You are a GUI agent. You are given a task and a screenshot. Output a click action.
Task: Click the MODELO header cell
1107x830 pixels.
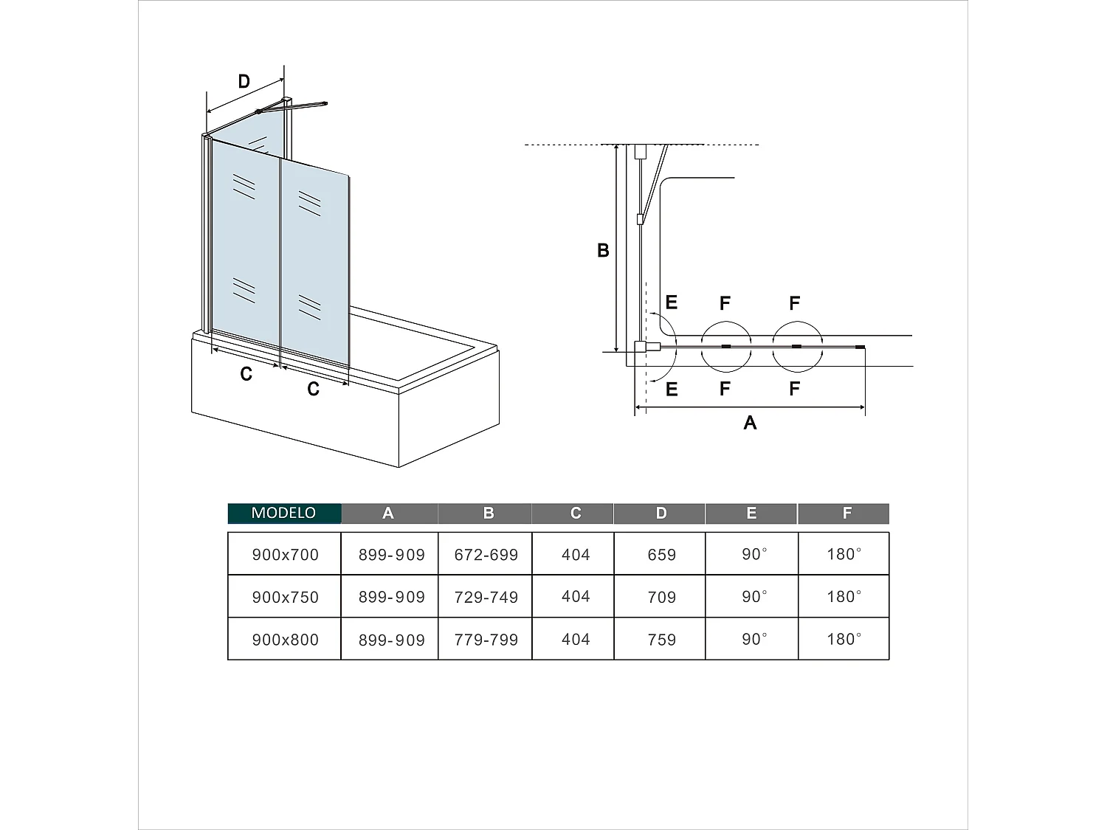[x=284, y=513]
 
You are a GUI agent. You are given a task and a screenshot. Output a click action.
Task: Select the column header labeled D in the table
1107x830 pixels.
[x=661, y=513]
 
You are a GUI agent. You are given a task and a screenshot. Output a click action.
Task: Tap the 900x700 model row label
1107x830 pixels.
[x=285, y=555]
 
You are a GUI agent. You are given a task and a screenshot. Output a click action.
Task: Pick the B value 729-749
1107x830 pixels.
[x=486, y=597]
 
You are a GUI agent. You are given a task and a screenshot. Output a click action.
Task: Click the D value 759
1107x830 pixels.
[x=661, y=640]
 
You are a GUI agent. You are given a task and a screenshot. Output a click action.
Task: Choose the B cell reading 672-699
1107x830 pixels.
[x=486, y=555]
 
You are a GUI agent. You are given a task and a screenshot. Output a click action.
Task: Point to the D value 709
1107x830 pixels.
[x=661, y=597]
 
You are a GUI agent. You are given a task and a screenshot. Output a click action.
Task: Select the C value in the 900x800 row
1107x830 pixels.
[x=575, y=640]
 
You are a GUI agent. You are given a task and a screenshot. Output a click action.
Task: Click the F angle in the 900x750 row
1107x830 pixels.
[x=844, y=597]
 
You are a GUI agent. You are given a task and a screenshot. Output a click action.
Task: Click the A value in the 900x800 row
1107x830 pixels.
[x=391, y=640]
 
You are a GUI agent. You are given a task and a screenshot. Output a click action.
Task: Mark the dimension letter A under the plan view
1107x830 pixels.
[x=750, y=423]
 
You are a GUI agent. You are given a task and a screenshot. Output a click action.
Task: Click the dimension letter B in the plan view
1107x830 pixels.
[x=603, y=251]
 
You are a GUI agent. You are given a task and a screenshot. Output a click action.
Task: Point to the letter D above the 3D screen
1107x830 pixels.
[x=244, y=82]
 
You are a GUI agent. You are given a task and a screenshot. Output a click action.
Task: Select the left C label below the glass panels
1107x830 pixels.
[x=246, y=375]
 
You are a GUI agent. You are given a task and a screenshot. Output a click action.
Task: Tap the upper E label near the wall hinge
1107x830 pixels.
[x=671, y=302]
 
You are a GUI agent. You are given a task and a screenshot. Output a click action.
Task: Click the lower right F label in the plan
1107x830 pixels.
[x=794, y=389]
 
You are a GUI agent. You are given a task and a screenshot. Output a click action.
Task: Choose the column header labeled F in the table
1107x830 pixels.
[x=846, y=513]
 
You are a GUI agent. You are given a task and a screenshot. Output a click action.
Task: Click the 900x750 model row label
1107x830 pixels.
[x=285, y=597]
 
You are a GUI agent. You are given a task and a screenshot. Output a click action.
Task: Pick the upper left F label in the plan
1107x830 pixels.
[x=725, y=303]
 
